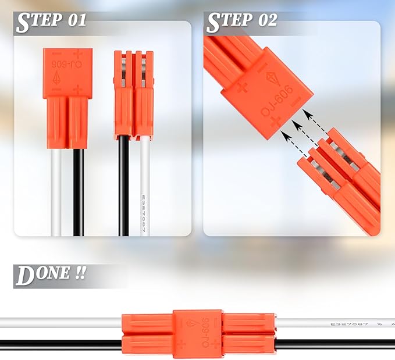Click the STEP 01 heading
point(51,21)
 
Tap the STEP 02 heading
point(242,21)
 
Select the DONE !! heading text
point(51,275)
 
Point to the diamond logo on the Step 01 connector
point(58,79)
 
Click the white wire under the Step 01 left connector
point(56,192)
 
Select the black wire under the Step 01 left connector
point(78,192)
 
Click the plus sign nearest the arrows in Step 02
point(275,121)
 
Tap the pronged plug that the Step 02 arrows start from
point(337,180)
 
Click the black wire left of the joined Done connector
point(58,344)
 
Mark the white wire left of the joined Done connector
point(58,323)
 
